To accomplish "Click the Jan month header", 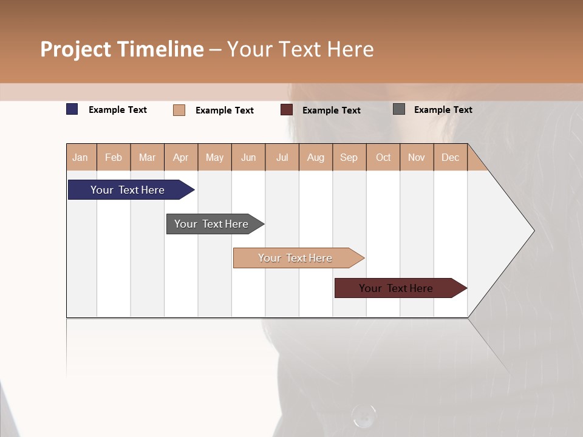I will pyautogui.click(x=80, y=158).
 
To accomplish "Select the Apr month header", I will pyautogui.click(x=181, y=158).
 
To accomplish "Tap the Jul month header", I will pyautogui.click(x=282, y=158).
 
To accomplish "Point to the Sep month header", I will pyautogui.click(x=349, y=158).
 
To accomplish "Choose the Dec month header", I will pyautogui.click(x=450, y=158).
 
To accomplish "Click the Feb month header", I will pyautogui.click(x=114, y=158).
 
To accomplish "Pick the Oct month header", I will pyautogui.click(x=383, y=158).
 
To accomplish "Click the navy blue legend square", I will pyautogui.click(x=72, y=109).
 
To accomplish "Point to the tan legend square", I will pyautogui.click(x=179, y=110).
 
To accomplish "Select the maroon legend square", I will pyautogui.click(x=287, y=110).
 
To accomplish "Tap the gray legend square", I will pyautogui.click(x=399, y=109).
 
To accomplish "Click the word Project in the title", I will pyautogui.click(x=75, y=49).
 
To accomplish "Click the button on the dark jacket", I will pyautogui.click(x=364, y=415).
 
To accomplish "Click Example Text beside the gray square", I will pyautogui.click(x=443, y=110).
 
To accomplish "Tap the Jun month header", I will pyautogui.click(x=248, y=158).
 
